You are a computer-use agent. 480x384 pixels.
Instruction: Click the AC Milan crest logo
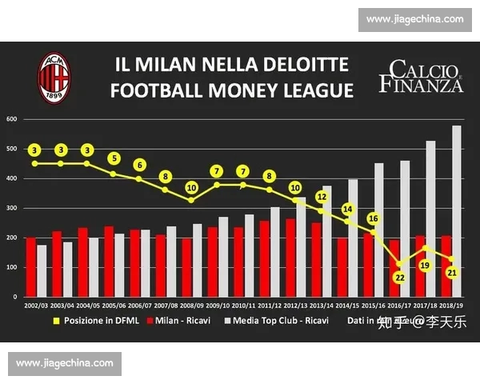pos(54,77)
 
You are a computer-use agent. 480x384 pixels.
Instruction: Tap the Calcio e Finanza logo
pos(422,77)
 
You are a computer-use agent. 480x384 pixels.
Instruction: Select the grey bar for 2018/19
pos(457,211)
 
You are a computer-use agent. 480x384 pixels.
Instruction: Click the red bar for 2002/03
pos(30,267)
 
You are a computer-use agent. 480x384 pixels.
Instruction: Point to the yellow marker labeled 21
pos(452,273)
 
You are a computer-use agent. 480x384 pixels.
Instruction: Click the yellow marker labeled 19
pos(426,265)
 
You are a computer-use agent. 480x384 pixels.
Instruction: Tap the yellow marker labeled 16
pos(374,218)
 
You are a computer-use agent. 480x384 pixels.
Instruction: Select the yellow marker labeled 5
pos(114,158)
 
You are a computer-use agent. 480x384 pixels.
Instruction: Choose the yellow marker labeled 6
pos(140,165)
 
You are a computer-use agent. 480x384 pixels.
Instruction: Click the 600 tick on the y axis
pos(12,119)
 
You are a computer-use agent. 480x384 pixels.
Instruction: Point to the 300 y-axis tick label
pos(12,208)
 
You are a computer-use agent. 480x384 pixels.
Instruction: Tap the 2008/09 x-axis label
pos(191,306)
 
